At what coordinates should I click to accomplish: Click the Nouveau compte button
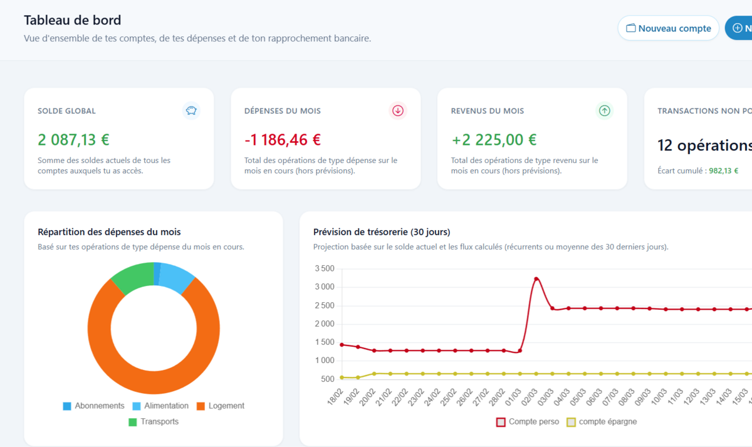(x=668, y=28)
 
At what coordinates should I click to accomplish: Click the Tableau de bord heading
(x=73, y=20)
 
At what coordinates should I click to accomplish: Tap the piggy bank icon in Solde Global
(x=191, y=111)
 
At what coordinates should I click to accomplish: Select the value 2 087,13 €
(x=73, y=139)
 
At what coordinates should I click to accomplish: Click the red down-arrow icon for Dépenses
(x=398, y=111)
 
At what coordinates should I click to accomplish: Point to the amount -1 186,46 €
(x=283, y=139)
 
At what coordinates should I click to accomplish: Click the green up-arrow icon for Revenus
(x=604, y=111)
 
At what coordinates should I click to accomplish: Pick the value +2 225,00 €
(x=494, y=139)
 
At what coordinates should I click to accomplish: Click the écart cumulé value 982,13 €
(x=723, y=171)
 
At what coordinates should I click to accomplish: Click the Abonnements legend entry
(x=93, y=406)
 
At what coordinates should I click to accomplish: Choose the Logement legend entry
(x=220, y=406)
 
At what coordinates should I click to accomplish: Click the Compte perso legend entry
(x=528, y=422)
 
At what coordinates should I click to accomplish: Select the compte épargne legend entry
(x=602, y=422)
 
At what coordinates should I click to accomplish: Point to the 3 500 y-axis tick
(x=324, y=269)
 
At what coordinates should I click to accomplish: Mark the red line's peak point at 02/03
(x=536, y=278)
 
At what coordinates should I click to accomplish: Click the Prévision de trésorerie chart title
(x=382, y=232)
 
